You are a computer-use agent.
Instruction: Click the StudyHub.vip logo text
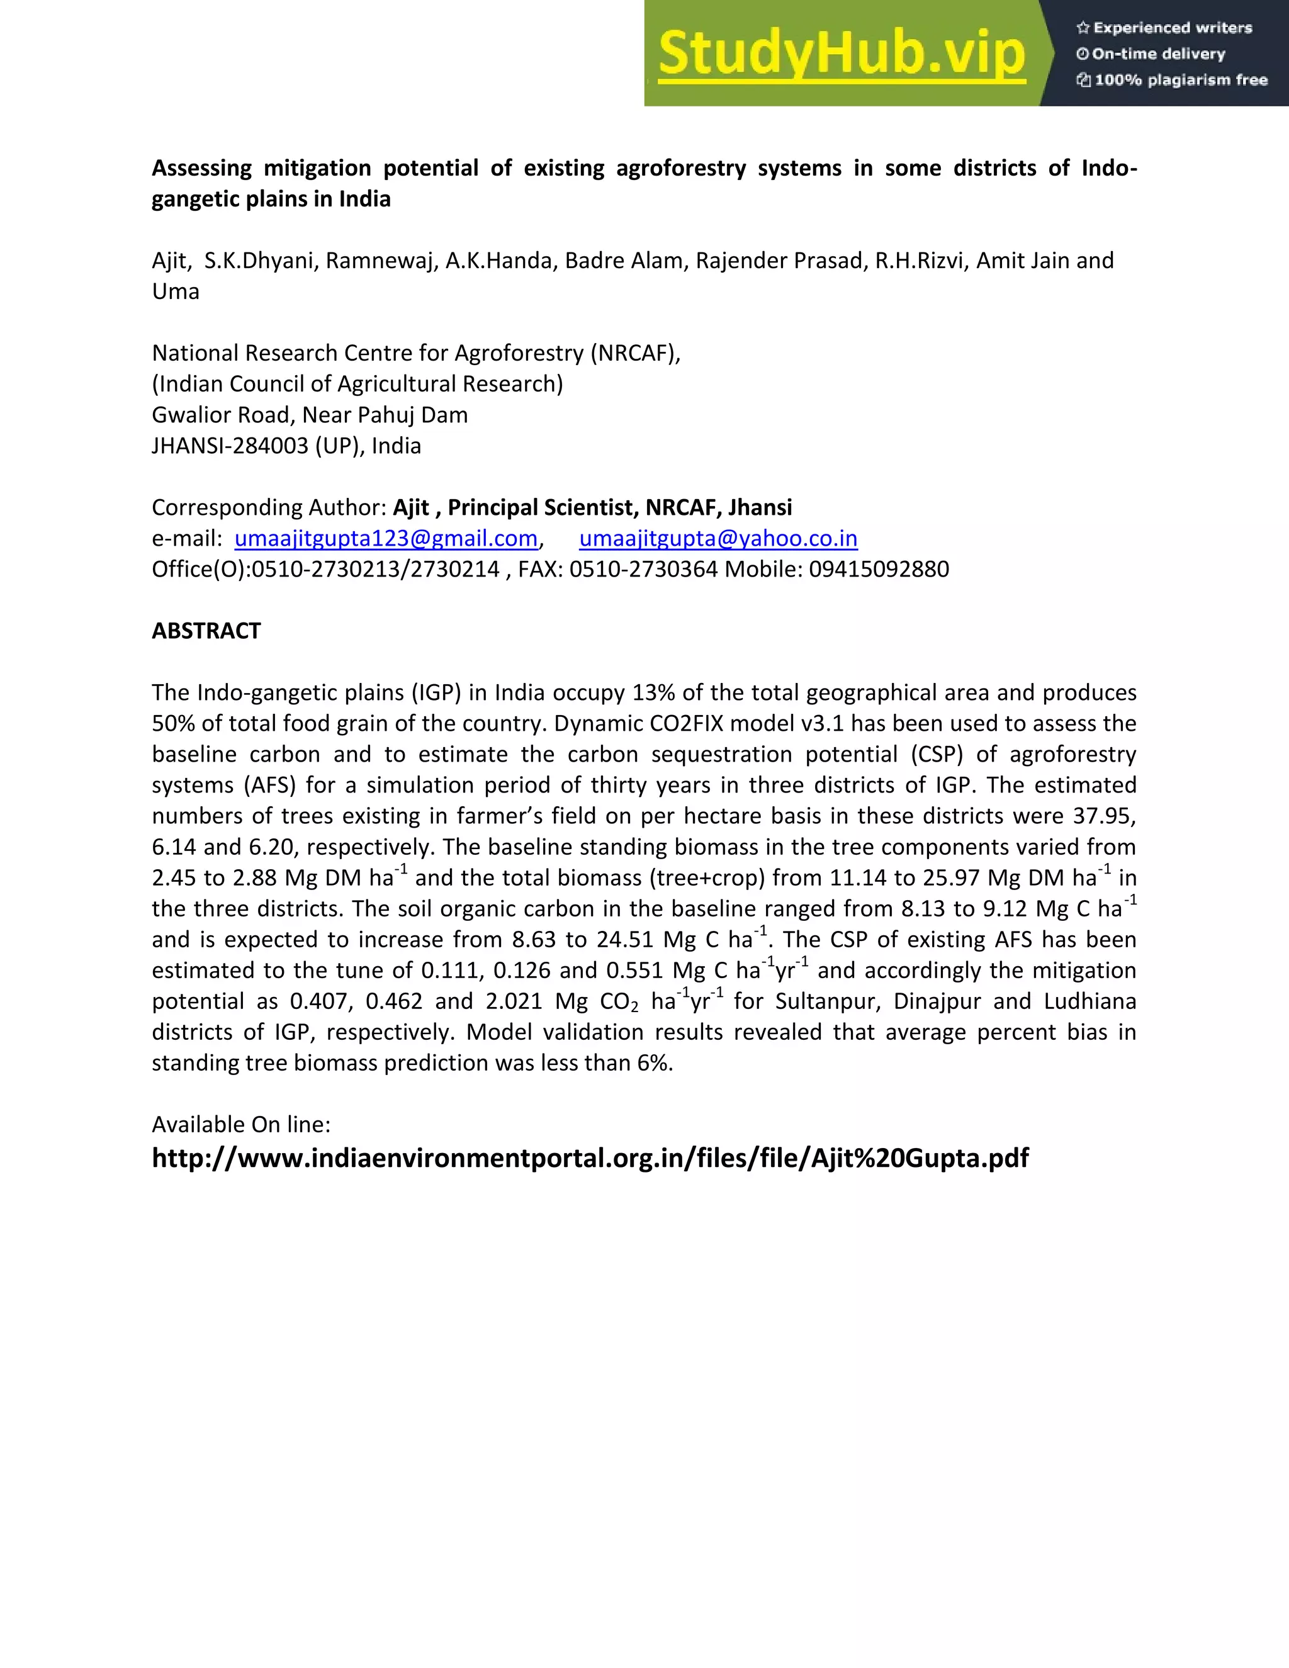click(x=841, y=54)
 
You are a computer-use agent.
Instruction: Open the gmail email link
click(x=386, y=538)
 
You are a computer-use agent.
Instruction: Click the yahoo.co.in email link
click(x=718, y=538)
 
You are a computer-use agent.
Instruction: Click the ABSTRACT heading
click(x=206, y=631)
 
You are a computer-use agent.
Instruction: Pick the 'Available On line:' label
click(x=240, y=1124)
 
